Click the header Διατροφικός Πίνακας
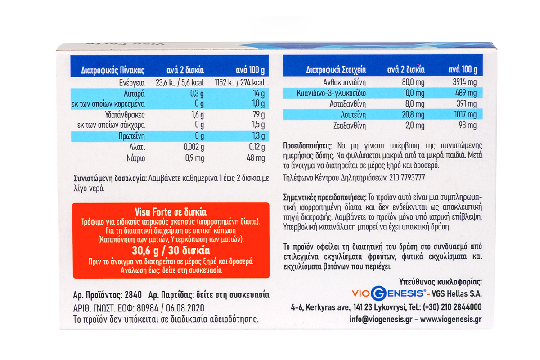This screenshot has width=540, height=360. pos(112,70)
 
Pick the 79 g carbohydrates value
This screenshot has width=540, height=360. pos(260,114)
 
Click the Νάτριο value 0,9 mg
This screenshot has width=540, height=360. pos(194,158)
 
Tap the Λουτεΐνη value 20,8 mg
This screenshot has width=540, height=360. pos(414,115)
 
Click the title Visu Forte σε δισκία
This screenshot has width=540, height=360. pos(171,212)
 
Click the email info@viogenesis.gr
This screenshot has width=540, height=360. pos(381,319)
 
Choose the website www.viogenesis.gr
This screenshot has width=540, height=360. pos(451,319)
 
